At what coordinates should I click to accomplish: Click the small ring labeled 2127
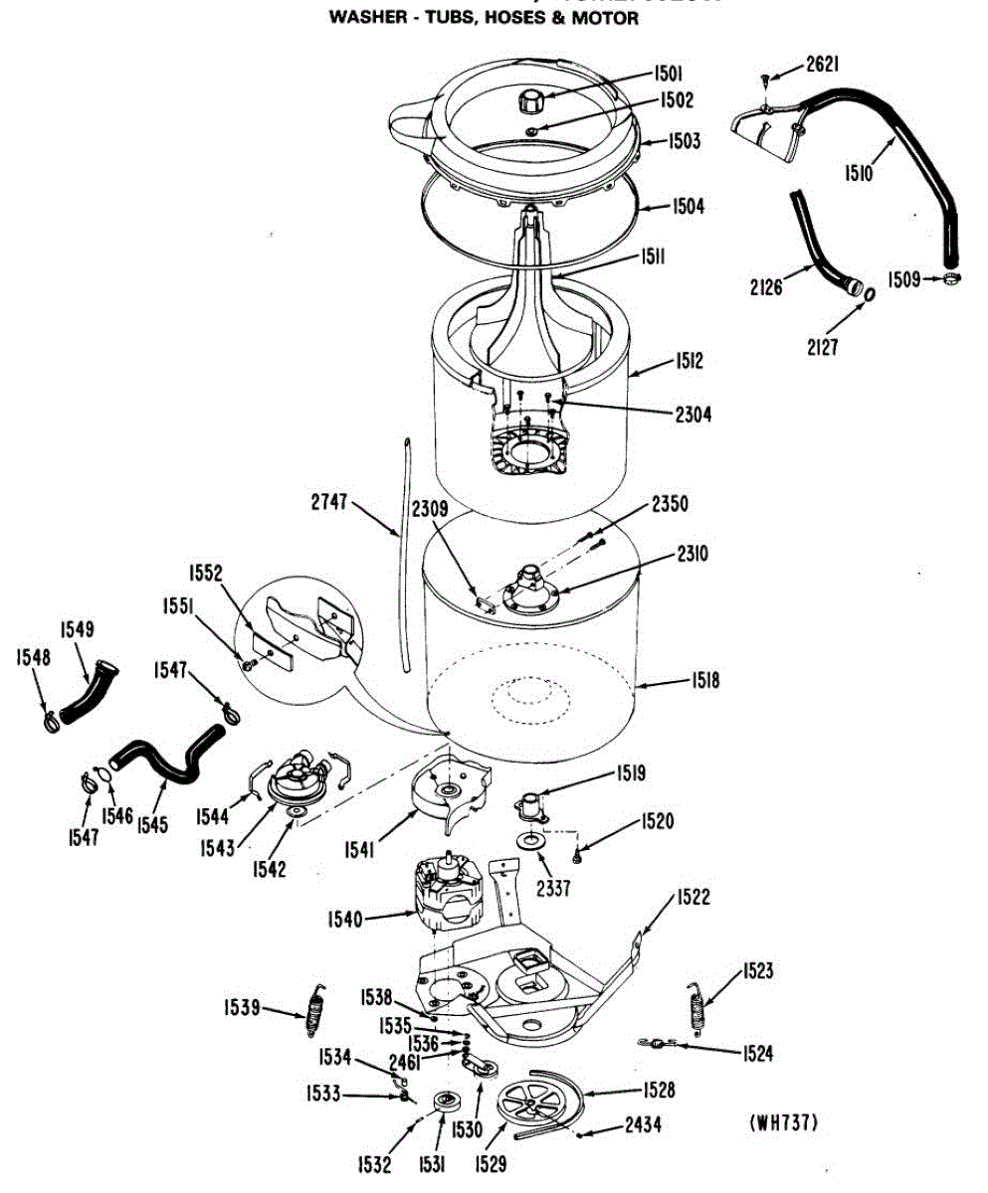coord(867,295)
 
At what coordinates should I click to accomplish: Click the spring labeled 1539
coord(316,1008)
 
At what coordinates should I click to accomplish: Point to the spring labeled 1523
coord(697,1005)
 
